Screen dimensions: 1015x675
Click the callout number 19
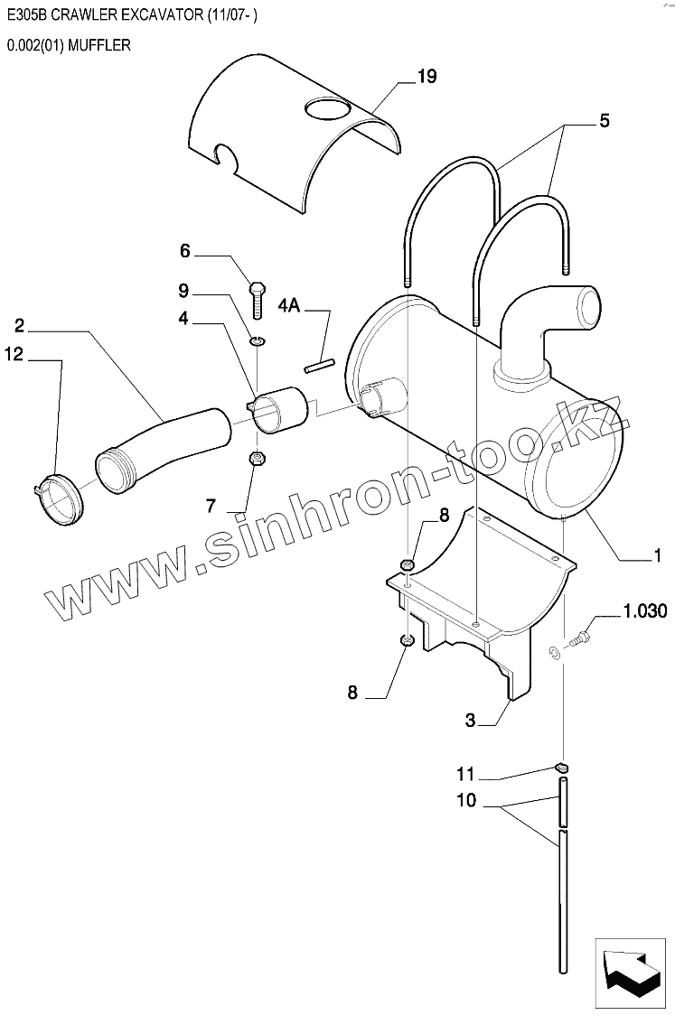[x=427, y=77]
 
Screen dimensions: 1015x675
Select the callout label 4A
[x=289, y=306]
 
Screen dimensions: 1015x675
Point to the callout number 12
[x=13, y=355]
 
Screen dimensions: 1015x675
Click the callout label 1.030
[x=644, y=612]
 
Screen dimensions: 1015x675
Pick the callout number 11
[x=464, y=774]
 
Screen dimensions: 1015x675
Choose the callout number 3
[x=470, y=720]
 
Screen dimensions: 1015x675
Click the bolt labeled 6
[x=258, y=297]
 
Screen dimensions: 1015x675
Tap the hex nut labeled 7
[x=256, y=458]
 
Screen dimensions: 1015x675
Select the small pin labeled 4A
[x=319, y=366]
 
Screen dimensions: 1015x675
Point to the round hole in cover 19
[x=325, y=111]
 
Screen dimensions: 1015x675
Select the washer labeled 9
[x=257, y=340]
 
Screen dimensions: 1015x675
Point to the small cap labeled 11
[x=561, y=768]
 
